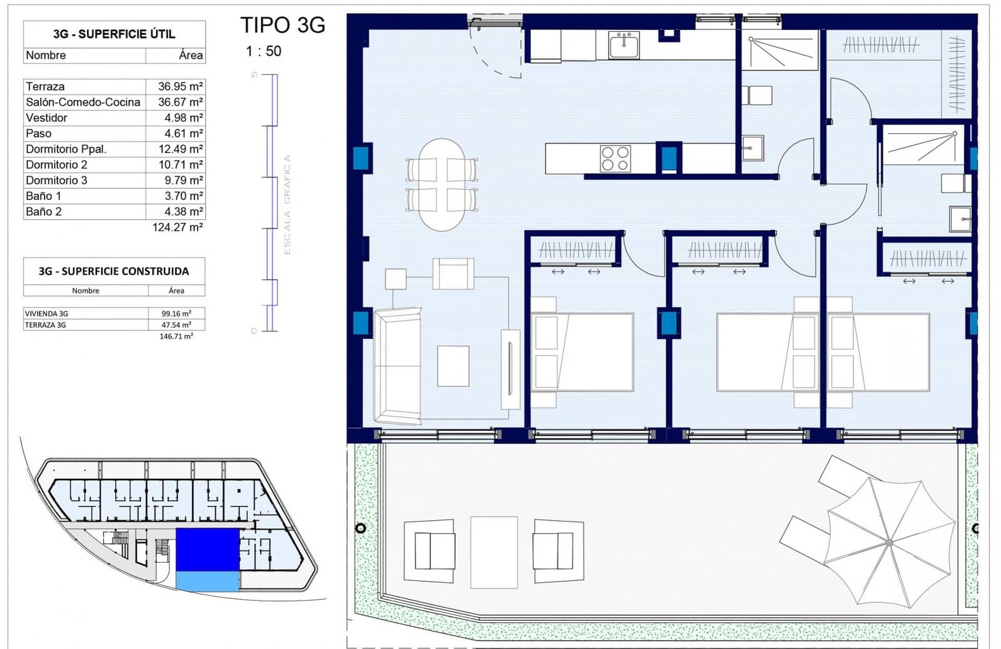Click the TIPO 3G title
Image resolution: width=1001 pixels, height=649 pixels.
click(283, 25)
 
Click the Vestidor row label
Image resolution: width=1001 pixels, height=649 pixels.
click(46, 118)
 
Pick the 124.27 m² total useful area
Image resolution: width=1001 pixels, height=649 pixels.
click(177, 227)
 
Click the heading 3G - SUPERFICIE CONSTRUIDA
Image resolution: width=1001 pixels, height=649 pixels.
click(114, 271)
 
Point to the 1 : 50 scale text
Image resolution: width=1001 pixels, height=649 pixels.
click(263, 51)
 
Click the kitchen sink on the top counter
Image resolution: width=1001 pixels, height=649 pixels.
click(624, 45)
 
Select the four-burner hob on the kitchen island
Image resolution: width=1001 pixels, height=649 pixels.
click(615, 158)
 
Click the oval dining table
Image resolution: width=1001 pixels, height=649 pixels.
click(442, 184)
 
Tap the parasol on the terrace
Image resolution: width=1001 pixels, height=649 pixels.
click(888, 541)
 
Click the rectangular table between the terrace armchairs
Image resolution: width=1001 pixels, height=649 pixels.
click(494, 551)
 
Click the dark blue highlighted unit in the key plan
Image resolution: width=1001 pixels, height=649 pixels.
click(207, 549)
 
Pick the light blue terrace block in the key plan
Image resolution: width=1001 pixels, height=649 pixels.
click(207, 581)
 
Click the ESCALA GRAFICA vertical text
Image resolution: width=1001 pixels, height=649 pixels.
click(287, 204)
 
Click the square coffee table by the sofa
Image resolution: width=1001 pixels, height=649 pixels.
click(453, 366)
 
